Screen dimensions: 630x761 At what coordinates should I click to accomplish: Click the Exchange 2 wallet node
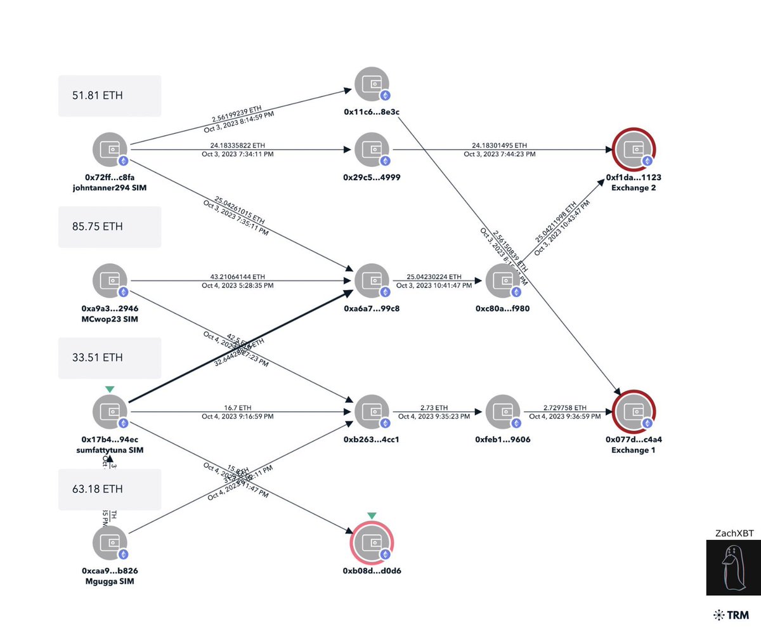tap(634, 150)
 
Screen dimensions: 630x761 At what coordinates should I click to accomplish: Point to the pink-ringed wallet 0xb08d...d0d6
tap(372, 544)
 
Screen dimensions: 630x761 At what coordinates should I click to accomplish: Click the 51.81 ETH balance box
tap(110, 96)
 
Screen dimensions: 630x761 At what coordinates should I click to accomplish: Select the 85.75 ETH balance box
tap(110, 226)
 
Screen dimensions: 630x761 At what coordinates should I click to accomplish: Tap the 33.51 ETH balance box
tap(110, 357)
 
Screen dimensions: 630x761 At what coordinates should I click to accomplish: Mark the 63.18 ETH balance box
tap(110, 489)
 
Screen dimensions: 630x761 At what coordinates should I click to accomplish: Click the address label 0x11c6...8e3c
tap(372, 112)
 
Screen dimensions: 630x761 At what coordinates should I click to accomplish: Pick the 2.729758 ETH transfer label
tap(564, 407)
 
